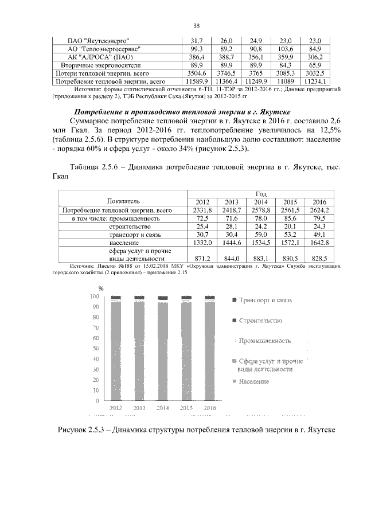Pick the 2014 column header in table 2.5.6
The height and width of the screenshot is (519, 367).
point(261,202)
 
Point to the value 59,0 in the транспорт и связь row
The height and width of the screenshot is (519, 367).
point(261,235)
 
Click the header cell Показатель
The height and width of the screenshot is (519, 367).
point(123,201)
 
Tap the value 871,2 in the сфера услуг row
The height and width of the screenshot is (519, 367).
point(202,259)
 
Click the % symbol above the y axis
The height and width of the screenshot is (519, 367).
point(101,288)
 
